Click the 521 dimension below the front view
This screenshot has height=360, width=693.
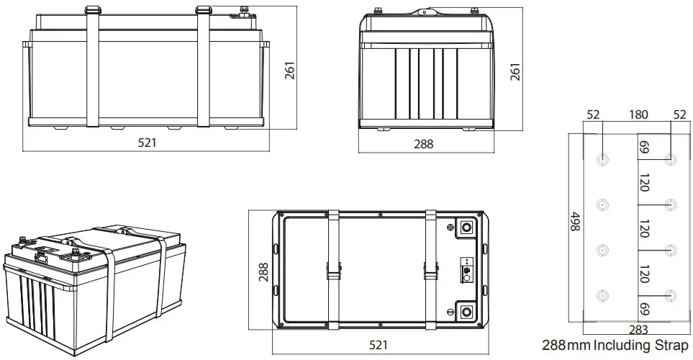pyautogui.click(x=147, y=143)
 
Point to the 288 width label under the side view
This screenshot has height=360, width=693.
pyautogui.click(x=424, y=143)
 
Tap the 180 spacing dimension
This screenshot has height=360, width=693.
pyautogui.click(x=638, y=115)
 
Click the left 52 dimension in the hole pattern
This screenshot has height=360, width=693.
pyautogui.click(x=594, y=115)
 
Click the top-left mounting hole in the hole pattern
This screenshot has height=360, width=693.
pyautogui.click(x=602, y=160)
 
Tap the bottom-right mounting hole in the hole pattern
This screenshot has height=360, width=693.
pyautogui.click(x=671, y=295)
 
